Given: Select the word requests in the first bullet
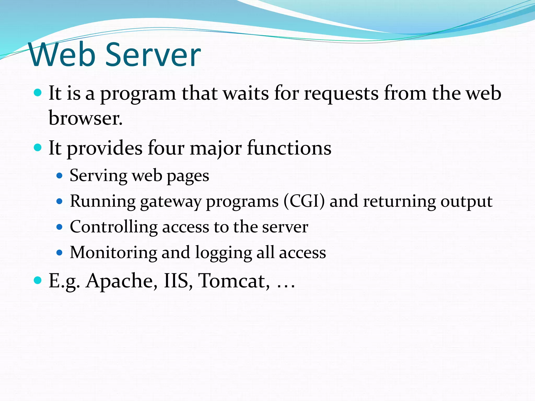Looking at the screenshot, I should pos(341,93).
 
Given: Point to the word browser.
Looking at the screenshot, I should pos(85,118).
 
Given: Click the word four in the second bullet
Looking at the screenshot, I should pos(166,148).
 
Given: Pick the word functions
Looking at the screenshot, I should pos(289,148).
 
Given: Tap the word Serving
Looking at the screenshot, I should pos(98,176).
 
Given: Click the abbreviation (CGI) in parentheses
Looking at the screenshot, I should pos(304,201).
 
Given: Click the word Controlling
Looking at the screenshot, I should pos(113,227).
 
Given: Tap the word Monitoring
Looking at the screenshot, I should pos(113,253).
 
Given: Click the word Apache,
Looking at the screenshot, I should pos(122,281).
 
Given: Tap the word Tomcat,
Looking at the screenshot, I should pos(234,281).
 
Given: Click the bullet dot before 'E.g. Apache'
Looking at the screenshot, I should pos(38,280).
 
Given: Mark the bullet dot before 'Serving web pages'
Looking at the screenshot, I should pos(60,176).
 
